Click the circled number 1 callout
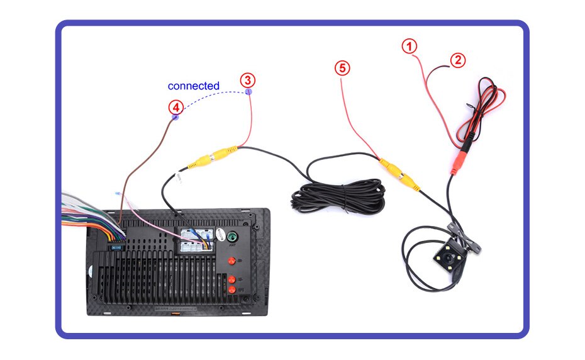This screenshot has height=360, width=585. click(x=409, y=46)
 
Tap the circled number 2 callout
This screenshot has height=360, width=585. click(x=458, y=60)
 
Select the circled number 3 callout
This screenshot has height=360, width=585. click(x=248, y=80)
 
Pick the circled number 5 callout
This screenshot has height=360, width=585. click(x=342, y=69)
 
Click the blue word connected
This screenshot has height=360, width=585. click(x=194, y=86)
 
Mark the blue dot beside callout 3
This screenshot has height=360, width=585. click(x=248, y=92)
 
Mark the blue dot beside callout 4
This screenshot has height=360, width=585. click(x=176, y=118)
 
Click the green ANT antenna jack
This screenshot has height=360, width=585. click(x=232, y=238)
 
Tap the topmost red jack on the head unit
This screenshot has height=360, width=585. click(x=231, y=261)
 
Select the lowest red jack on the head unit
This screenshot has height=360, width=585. click(x=232, y=290)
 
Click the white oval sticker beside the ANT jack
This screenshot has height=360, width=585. click(x=220, y=234)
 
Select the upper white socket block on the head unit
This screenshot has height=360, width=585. click(x=192, y=233)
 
